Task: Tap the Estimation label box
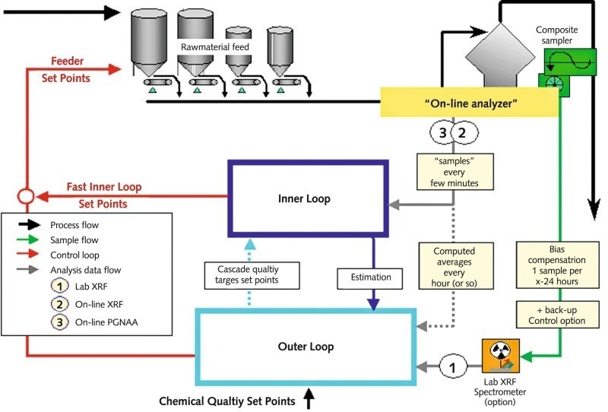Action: pos(372,277)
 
